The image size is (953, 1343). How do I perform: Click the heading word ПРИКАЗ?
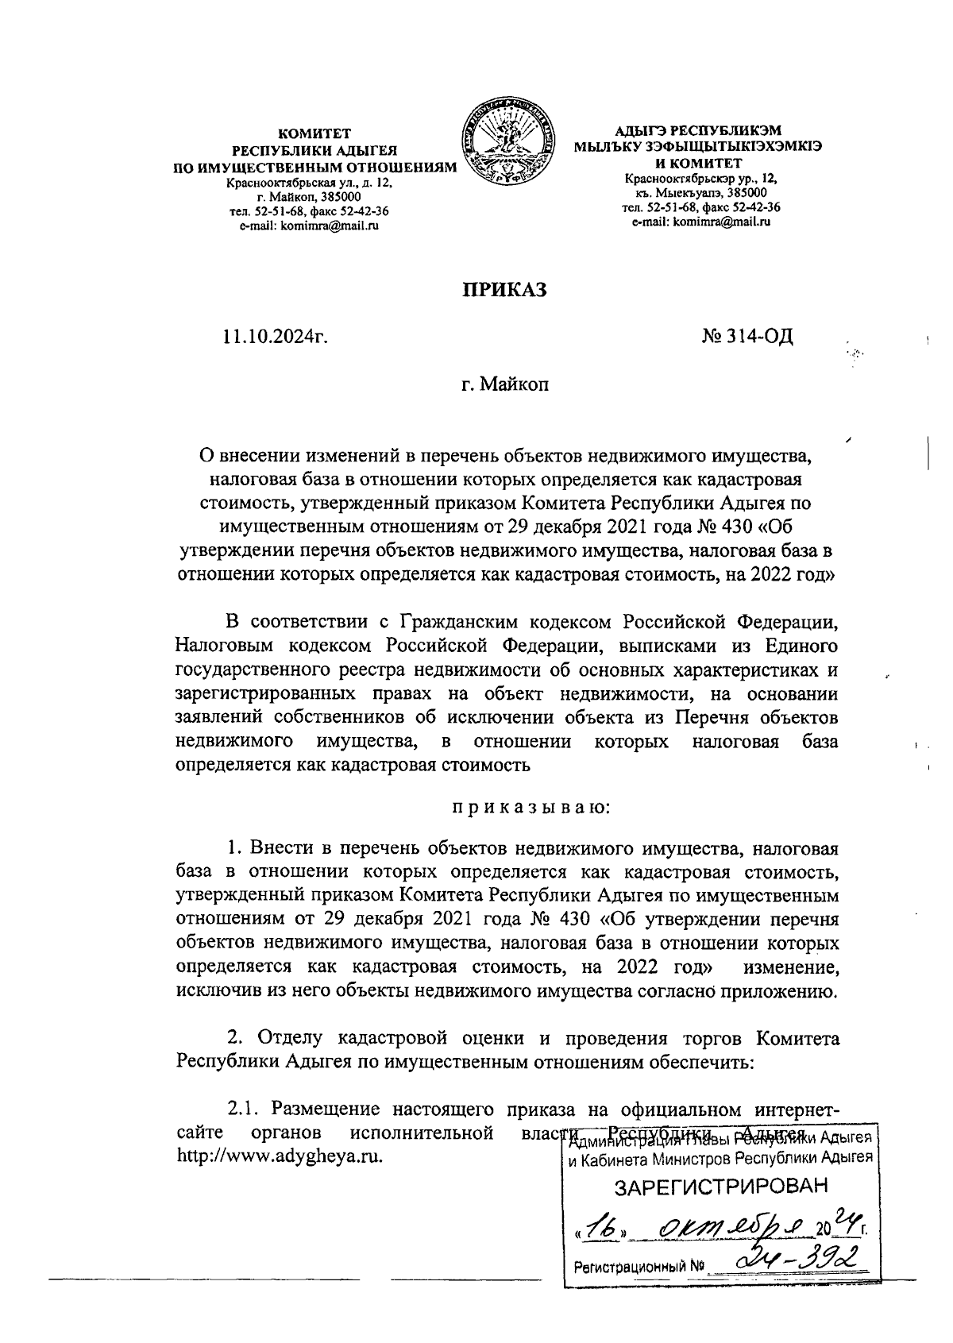505,291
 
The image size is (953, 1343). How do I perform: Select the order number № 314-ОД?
747,338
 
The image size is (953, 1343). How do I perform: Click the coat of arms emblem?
508,143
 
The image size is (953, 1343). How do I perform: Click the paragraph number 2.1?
243,1108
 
